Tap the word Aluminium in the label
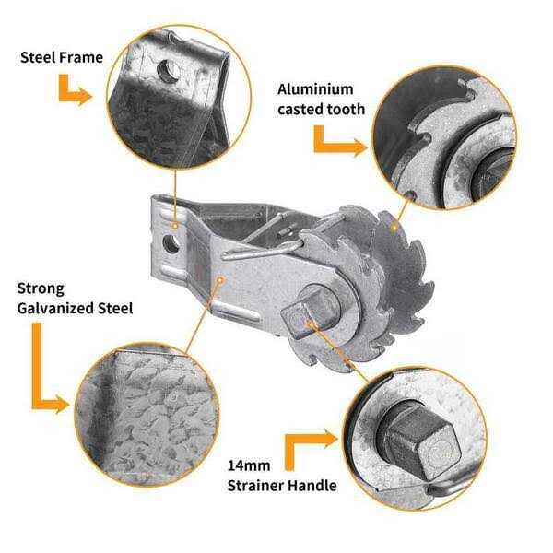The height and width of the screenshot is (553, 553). (x=315, y=89)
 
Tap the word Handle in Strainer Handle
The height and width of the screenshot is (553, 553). (x=313, y=486)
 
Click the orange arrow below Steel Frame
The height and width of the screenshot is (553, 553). (x=74, y=91)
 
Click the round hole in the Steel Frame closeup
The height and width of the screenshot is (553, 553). (x=165, y=70)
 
